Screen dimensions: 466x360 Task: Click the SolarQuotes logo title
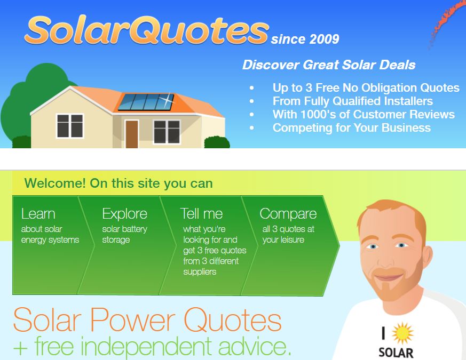click(x=147, y=30)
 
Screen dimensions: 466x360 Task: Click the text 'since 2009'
click(x=305, y=39)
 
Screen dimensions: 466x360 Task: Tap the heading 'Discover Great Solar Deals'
click(x=329, y=65)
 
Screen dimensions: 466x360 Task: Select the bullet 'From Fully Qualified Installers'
click(x=352, y=101)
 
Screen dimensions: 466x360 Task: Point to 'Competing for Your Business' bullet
click(x=352, y=127)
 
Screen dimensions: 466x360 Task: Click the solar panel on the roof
click(x=146, y=102)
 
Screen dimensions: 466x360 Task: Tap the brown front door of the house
click(x=132, y=134)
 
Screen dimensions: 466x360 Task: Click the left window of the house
click(x=70, y=126)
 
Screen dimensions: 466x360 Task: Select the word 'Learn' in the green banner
click(x=38, y=214)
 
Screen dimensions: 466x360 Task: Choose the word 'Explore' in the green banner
click(x=125, y=214)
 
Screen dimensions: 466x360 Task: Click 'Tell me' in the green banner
click(x=201, y=214)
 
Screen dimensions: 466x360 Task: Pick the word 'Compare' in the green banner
click(x=288, y=214)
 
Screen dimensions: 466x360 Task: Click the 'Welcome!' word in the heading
click(x=56, y=183)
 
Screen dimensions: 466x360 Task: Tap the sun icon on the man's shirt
click(x=402, y=333)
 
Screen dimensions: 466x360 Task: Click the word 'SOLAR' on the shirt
click(x=396, y=353)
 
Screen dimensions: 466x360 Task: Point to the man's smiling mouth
click(x=388, y=278)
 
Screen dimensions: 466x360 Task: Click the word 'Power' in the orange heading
click(x=132, y=320)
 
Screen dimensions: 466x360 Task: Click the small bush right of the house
click(x=217, y=142)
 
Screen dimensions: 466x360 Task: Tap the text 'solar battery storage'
click(x=125, y=234)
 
